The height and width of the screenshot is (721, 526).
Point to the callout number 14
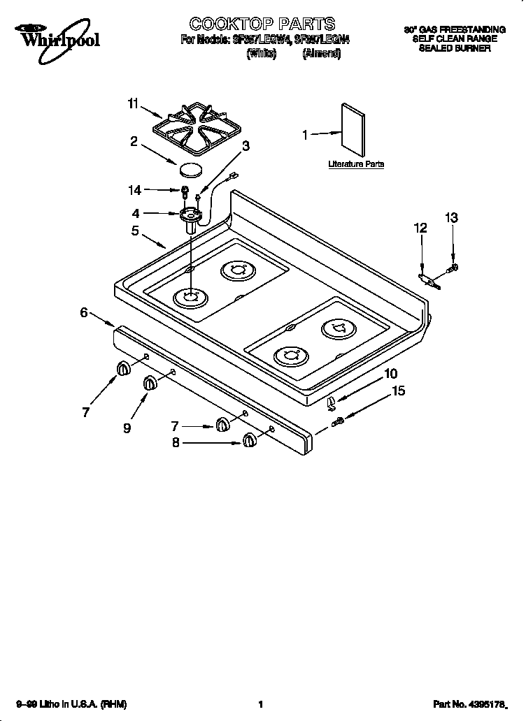(x=135, y=190)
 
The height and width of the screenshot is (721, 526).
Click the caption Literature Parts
(x=356, y=164)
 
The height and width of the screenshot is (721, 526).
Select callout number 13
(x=452, y=218)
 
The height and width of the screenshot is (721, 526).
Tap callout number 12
(x=420, y=228)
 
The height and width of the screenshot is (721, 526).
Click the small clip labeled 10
(x=332, y=400)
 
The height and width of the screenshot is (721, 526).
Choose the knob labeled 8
(x=248, y=440)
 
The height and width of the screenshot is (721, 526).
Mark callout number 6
(x=84, y=313)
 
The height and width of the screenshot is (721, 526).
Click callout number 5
(x=135, y=231)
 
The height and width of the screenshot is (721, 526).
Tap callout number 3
(x=246, y=145)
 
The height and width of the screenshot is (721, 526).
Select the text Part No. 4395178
(x=476, y=705)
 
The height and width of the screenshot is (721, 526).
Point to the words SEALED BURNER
(x=455, y=49)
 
